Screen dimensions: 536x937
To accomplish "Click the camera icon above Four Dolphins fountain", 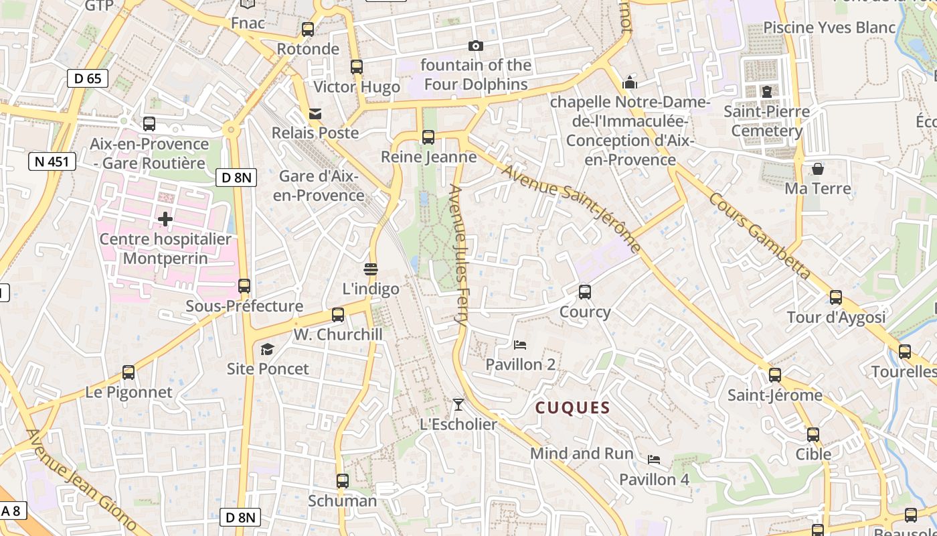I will (x=476, y=46).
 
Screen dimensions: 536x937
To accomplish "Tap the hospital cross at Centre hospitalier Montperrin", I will (x=165, y=219).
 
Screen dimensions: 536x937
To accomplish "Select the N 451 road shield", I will (x=52, y=161).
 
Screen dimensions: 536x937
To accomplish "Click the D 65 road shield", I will (x=88, y=78).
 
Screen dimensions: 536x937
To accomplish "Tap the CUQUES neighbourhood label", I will (x=573, y=408).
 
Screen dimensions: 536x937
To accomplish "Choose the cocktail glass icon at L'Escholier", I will (x=458, y=405).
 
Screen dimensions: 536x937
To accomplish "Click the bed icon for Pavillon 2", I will (x=520, y=345).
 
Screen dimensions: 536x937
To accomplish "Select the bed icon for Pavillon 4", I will (x=654, y=460).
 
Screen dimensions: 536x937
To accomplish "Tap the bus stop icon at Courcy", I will (x=585, y=292).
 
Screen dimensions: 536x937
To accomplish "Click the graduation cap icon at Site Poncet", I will (x=268, y=349).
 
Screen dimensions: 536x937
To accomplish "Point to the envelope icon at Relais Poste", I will (x=315, y=114).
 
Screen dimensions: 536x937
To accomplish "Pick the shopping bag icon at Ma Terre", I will (x=818, y=169).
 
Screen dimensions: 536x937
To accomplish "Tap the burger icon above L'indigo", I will (x=371, y=269).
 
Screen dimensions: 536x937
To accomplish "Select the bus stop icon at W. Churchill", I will (x=338, y=315).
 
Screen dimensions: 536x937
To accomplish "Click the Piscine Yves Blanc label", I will (x=829, y=27).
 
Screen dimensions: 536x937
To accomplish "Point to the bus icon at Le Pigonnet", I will (x=129, y=373).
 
